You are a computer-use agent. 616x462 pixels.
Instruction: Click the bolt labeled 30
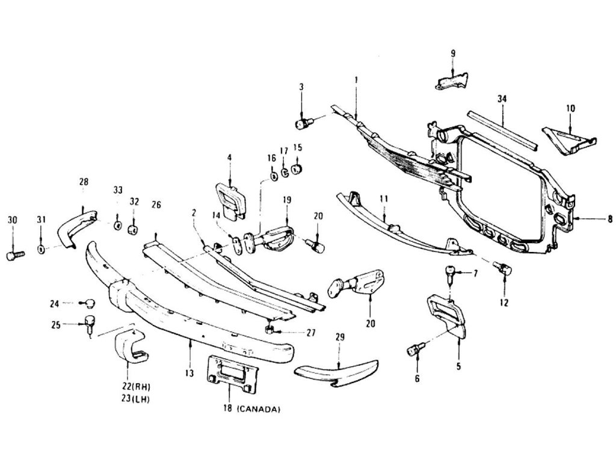13,255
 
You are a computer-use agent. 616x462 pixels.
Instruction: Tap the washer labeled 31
41,248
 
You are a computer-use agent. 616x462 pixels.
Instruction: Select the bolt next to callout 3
303,124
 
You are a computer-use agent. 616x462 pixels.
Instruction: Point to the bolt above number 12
502,268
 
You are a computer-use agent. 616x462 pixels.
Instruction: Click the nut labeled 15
297,168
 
